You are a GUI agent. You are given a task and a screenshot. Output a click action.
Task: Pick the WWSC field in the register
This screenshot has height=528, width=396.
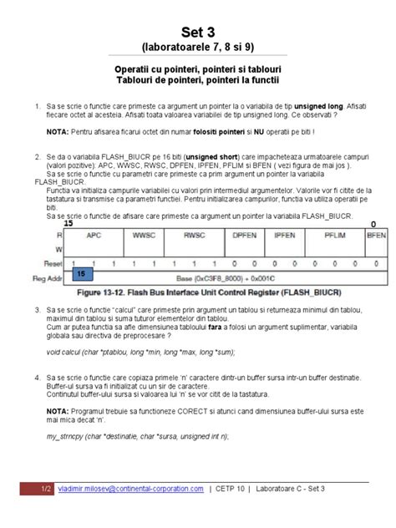pyautogui.click(x=145, y=236)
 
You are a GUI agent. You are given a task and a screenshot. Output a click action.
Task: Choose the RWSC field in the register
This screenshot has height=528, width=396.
pyautogui.click(x=194, y=236)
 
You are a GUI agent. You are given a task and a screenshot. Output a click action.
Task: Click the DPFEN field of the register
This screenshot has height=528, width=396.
pyautogui.click(x=244, y=236)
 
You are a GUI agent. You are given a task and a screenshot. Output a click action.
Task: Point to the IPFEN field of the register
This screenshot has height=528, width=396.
pyautogui.click(x=287, y=236)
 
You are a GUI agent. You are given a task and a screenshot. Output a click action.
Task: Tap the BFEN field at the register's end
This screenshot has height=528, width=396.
pyautogui.click(x=376, y=236)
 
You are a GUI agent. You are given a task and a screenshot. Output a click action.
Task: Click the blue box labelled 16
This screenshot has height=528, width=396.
pyautogui.click(x=82, y=273)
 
